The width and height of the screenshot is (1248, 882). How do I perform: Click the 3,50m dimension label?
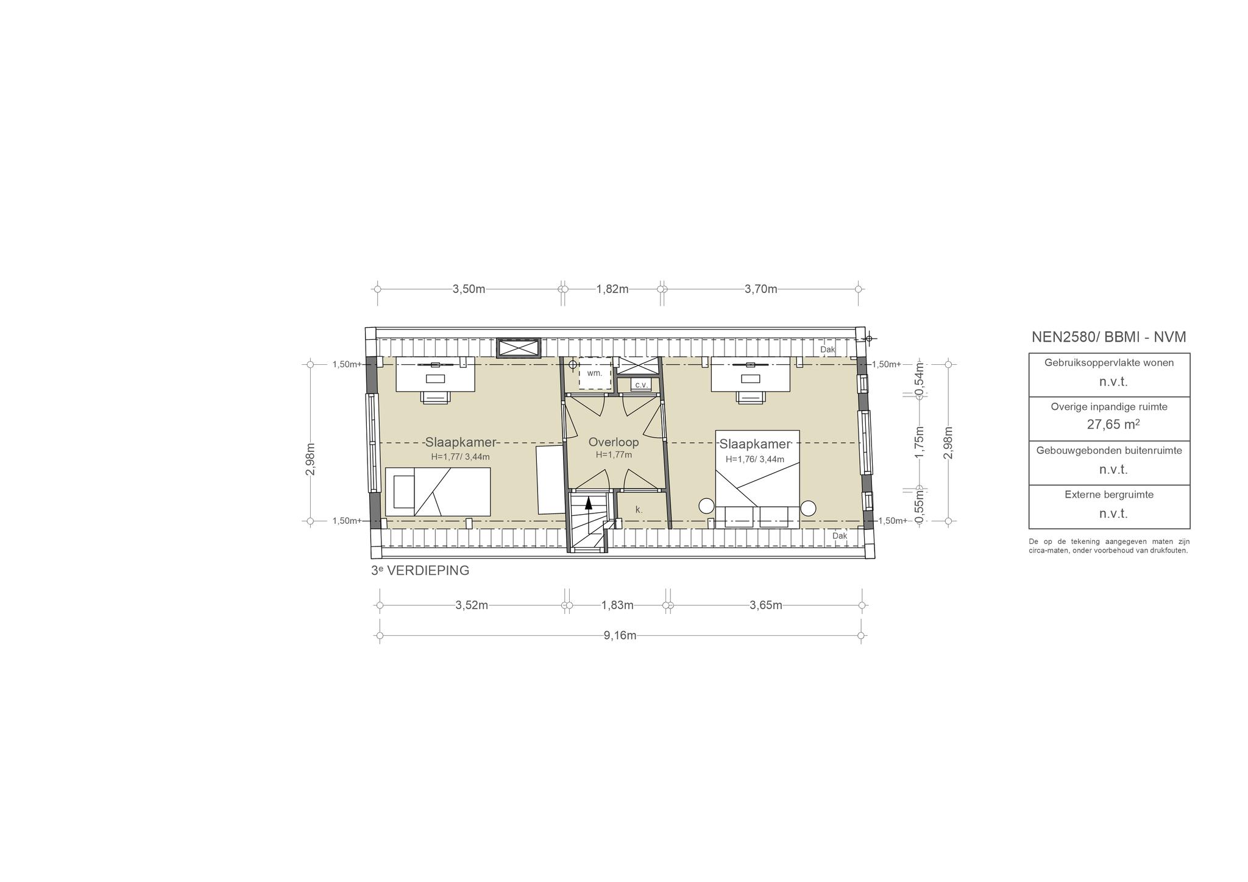tap(469, 289)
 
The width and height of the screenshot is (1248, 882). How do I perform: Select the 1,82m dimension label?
tap(612, 289)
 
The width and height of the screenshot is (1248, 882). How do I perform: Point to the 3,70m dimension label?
tap(761, 289)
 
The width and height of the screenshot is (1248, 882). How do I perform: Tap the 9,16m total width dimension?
tap(620, 635)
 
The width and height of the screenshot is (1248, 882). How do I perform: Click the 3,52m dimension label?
tap(472, 605)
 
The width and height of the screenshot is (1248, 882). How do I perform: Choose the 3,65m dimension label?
tap(766, 605)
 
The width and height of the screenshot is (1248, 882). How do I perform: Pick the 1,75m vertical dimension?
tap(920, 442)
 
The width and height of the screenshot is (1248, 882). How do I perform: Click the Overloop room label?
tap(614, 442)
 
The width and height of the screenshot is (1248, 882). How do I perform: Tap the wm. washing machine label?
tap(594, 373)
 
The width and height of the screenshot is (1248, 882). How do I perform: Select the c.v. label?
tap(641, 385)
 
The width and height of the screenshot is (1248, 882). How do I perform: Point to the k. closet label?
tap(639, 509)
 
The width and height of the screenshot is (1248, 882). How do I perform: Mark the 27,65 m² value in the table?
tap(1113, 424)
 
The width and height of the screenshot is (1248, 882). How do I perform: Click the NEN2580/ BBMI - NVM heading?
tap(1109, 337)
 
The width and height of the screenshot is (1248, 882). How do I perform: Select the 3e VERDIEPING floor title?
tap(420, 571)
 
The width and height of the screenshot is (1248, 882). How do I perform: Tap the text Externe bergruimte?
tap(1109, 495)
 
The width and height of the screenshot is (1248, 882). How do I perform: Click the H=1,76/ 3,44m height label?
tap(755, 459)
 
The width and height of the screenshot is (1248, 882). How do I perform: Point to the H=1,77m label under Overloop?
tap(614, 454)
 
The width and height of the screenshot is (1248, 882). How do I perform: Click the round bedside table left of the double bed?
tap(706, 506)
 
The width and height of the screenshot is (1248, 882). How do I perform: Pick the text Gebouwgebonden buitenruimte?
tap(1109, 451)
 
